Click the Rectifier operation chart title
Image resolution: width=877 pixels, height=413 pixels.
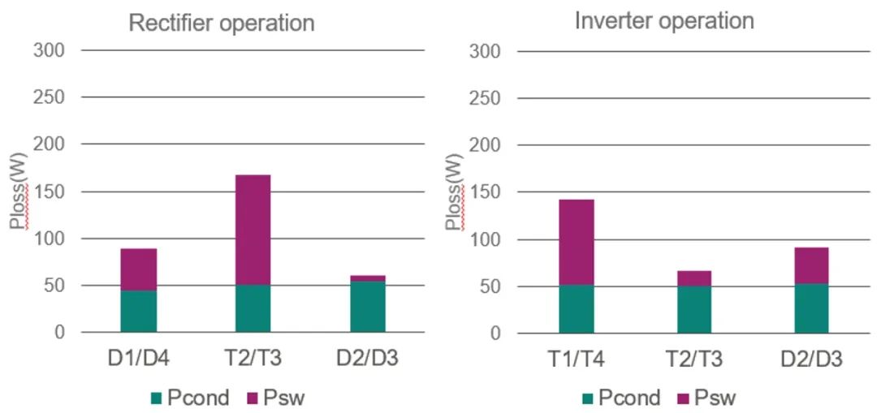221,23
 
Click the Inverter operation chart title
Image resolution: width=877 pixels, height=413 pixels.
663,20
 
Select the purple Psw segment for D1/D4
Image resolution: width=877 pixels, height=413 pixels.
138,269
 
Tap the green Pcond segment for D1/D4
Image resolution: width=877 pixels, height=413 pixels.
138,312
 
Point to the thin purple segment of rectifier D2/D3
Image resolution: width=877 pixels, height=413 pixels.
368,278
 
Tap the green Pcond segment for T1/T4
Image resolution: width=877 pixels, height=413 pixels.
576,309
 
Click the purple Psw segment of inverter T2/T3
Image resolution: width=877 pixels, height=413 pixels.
693,278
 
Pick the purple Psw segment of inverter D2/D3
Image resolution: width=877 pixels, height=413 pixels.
811,265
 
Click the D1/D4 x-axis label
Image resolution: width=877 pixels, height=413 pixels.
138,359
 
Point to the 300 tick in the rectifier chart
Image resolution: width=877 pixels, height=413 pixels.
49,50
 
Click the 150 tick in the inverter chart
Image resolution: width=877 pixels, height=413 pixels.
486,192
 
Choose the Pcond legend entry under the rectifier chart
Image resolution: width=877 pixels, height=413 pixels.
190,398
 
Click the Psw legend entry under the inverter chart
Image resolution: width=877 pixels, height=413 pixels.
705,398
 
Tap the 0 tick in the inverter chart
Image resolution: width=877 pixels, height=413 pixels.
497,333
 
